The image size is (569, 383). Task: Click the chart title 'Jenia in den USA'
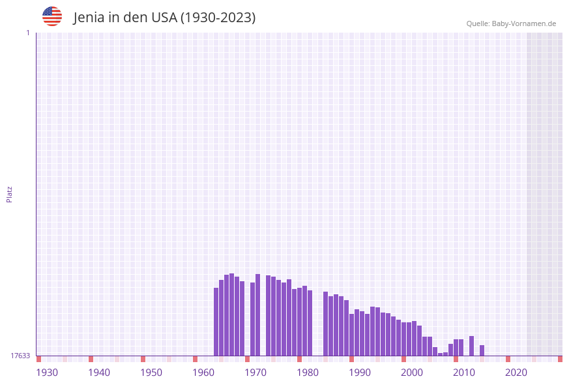pyautogui.click(x=164, y=18)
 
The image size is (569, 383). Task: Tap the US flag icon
pyautogui.click(x=52, y=16)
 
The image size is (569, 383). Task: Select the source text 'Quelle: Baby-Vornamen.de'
pyautogui.click(x=511, y=23)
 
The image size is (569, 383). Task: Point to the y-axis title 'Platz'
pyautogui.click(x=10, y=194)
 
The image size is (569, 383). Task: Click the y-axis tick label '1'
pyautogui.click(x=27, y=33)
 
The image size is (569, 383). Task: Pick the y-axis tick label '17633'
pyautogui.click(x=20, y=356)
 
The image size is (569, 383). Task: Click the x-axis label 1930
pyautogui.click(x=47, y=373)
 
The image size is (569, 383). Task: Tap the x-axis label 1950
pyautogui.click(x=151, y=373)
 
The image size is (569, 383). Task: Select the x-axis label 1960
pyautogui.click(x=203, y=373)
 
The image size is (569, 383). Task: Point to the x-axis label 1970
pyautogui.click(x=255, y=373)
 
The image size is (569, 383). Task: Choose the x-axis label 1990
pyautogui.click(x=360, y=373)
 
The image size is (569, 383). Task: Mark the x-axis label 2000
pyautogui.click(x=412, y=373)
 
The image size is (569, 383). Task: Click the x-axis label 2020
pyautogui.click(x=516, y=373)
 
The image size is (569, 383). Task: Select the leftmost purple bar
pyautogui.click(x=216, y=322)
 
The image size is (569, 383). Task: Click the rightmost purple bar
pyautogui.click(x=482, y=350)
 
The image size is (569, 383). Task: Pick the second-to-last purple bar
pyautogui.click(x=471, y=346)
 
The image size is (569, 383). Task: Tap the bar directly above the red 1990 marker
pyautogui.click(x=351, y=335)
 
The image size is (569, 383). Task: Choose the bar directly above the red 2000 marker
pyautogui.click(x=403, y=339)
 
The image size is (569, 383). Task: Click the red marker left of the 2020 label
pyautogui.click(x=508, y=359)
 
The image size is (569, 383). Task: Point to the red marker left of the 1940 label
pyautogui.click(x=91, y=359)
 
